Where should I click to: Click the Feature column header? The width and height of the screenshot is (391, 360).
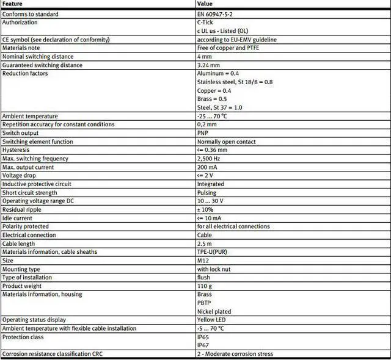pos(13,4)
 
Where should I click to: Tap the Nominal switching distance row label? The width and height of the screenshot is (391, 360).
pos(38,56)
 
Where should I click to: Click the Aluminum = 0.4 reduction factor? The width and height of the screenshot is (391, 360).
pos(218,73)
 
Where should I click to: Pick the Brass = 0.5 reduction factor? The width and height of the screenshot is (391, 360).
pos(213,99)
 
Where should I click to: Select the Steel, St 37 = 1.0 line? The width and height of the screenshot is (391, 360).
pos(220,107)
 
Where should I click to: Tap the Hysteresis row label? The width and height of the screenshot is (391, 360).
pos(15,150)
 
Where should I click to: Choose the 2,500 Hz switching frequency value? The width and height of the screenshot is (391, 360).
pos(209,159)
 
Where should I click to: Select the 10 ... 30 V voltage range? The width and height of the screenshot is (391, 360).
pos(210,201)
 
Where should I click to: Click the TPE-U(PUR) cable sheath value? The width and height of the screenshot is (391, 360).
pos(213,252)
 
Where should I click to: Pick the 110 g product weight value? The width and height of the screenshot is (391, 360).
pos(204,286)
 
